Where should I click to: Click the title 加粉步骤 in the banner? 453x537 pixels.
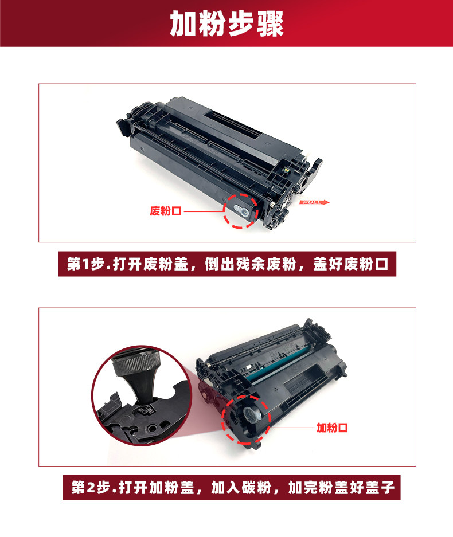[x=226, y=23]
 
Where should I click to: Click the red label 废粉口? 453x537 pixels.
[x=165, y=211]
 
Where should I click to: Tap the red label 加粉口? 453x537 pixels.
[x=331, y=428]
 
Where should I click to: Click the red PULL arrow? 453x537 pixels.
[x=314, y=202]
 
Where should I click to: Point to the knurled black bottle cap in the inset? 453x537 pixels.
[x=136, y=362]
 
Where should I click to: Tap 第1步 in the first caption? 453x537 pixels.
[x=85, y=264]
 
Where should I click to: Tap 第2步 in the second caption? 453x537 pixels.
[x=91, y=487]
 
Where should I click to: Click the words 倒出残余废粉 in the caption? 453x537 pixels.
[x=251, y=264]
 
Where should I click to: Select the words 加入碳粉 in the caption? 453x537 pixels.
[x=241, y=487]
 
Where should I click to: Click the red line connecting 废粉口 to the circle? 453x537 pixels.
[x=204, y=211]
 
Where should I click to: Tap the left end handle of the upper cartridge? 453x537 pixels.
[x=123, y=127]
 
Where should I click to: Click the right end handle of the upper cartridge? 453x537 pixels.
[x=315, y=170]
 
